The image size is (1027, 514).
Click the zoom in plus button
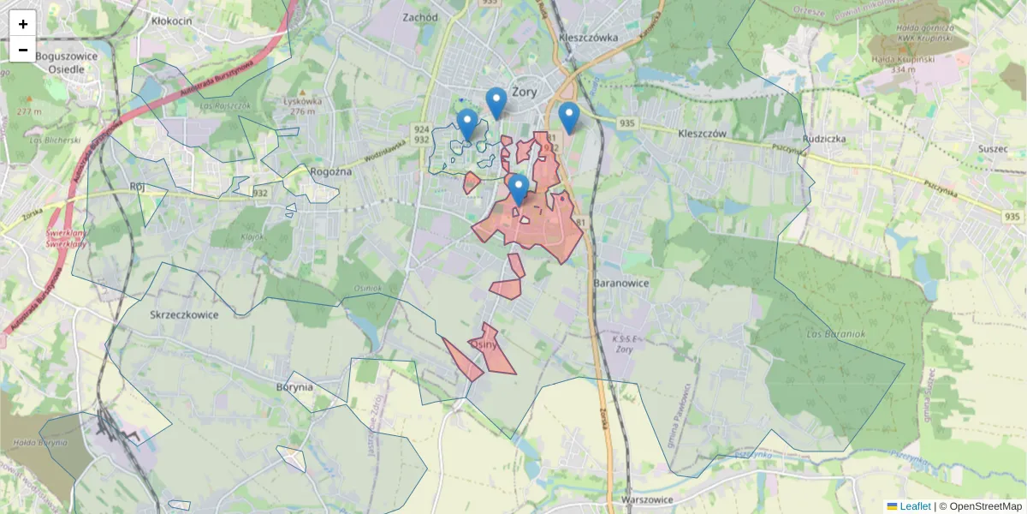pyautogui.click(x=23, y=24)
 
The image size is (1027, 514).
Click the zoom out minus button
pyautogui.click(x=23, y=50)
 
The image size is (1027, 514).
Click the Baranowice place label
pyautogui.click(x=620, y=283)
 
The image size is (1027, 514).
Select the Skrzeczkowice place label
pyautogui.click(x=184, y=314)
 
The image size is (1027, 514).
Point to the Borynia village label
pyautogui.click(x=294, y=386)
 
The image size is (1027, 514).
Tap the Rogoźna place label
pyautogui.click(x=331, y=171)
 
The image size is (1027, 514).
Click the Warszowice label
pyautogui.click(x=648, y=499)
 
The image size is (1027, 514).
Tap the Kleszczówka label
pyautogui.click(x=587, y=38)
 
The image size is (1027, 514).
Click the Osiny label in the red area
pyautogui.click(x=485, y=344)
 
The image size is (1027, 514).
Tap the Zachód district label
pyautogui.click(x=420, y=17)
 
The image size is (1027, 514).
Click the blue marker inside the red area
pyautogui.click(x=517, y=189)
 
